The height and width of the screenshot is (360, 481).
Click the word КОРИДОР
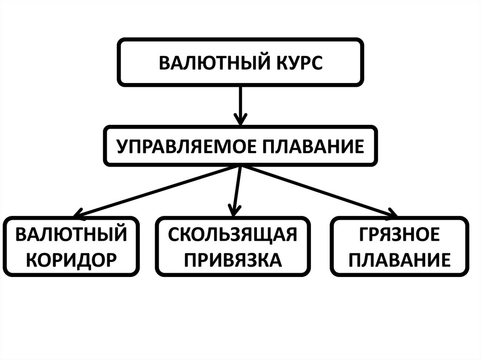coord(72,259)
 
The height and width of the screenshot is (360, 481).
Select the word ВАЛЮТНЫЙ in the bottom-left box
coord(72,233)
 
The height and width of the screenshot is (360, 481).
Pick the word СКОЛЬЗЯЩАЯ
coord(233,233)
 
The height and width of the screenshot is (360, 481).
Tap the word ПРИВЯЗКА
coord(233,259)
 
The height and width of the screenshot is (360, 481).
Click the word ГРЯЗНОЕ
coord(400,233)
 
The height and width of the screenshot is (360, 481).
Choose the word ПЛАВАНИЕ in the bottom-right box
coord(400,259)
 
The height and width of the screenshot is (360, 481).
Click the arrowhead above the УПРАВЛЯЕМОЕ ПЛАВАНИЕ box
coord(240,118)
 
